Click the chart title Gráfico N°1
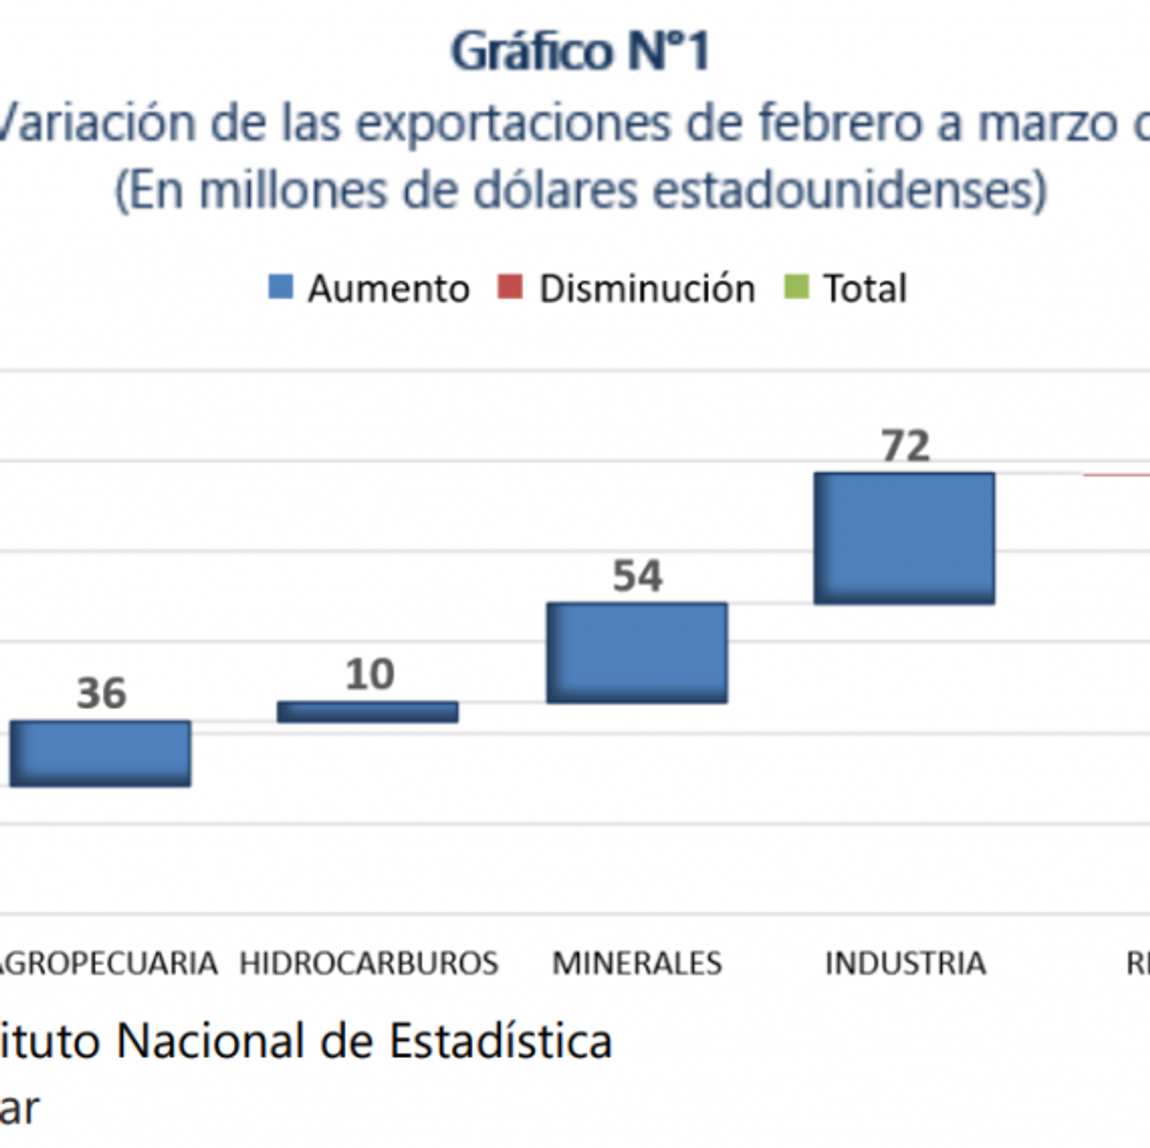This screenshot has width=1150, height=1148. (x=580, y=52)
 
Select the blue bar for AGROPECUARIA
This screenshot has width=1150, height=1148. (x=100, y=753)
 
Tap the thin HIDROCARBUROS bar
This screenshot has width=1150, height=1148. (x=367, y=712)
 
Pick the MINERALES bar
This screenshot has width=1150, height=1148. (x=637, y=652)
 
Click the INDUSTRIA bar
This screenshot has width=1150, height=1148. (x=904, y=538)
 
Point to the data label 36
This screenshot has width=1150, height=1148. (x=101, y=693)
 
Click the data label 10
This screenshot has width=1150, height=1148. (x=370, y=674)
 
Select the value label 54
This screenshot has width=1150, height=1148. (x=637, y=576)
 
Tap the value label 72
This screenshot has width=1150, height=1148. (x=905, y=446)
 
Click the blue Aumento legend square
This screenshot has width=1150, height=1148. (x=281, y=287)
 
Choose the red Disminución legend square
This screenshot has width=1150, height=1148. (x=510, y=287)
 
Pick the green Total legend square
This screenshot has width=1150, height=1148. (x=797, y=287)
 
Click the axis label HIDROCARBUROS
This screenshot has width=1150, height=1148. (x=369, y=963)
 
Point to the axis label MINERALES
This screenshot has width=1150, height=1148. (x=637, y=963)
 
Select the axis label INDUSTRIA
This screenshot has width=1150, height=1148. (x=905, y=963)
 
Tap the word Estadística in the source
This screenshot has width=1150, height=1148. (x=501, y=1041)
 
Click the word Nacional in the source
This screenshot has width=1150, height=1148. (x=210, y=1041)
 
